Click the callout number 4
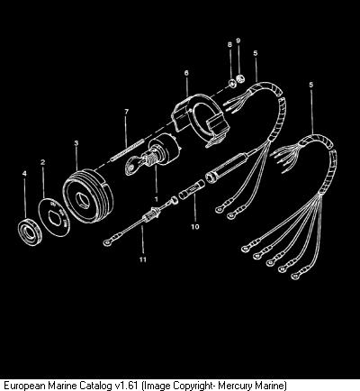[x=24, y=174]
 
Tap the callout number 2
[x=43, y=162]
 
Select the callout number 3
[x=76, y=143]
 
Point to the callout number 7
[x=126, y=112]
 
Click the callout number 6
[x=186, y=73]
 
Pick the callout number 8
[x=229, y=44]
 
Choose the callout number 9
[x=238, y=41]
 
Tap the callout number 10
[x=195, y=226]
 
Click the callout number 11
[x=143, y=259]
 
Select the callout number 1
[x=156, y=199]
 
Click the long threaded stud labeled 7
[x=128, y=149]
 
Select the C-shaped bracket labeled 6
[x=201, y=120]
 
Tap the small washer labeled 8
[x=231, y=84]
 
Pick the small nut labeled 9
[x=240, y=78]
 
